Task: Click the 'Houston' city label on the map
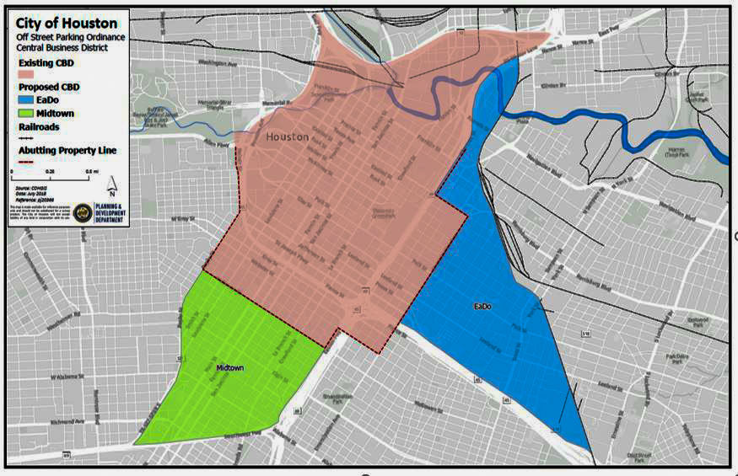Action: (x=288, y=136)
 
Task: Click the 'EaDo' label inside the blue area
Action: (x=482, y=305)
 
